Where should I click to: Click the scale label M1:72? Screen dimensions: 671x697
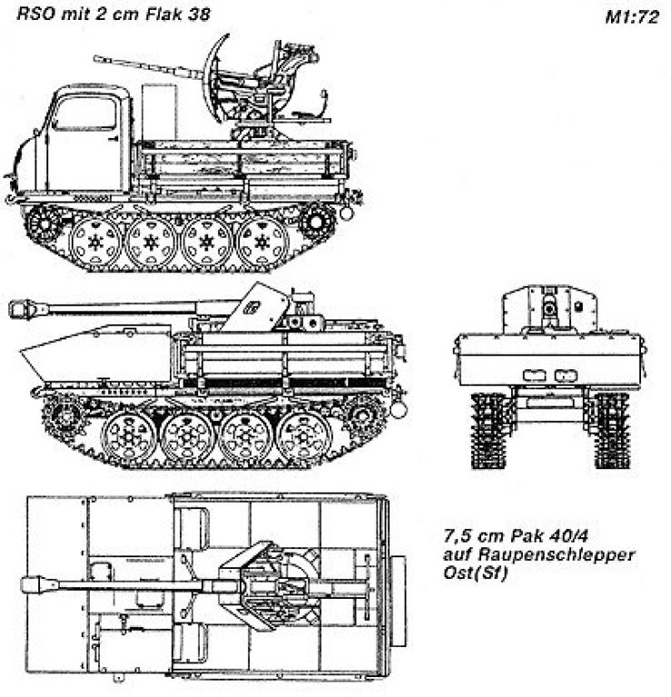[x=632, y=17]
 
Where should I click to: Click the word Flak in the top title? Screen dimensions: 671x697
[x=162, y=14]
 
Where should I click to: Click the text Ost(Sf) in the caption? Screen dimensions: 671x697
[x=475, y=573]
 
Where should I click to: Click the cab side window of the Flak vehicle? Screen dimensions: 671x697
[x=85, y=113]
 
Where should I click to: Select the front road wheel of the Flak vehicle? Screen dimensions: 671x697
[x=95, y=242]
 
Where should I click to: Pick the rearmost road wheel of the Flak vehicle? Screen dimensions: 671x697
[x=261, y=242]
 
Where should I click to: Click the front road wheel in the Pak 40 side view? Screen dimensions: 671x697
[x=128, y=437]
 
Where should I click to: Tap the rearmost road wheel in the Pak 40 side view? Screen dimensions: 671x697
[x=304, y=437]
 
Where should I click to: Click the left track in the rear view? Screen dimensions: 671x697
[x=489, y=430]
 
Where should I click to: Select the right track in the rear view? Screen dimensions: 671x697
[x=612, y=430]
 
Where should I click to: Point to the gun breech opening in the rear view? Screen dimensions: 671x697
[x=550, y=308]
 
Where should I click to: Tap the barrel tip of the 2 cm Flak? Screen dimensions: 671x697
[x=95, y=58]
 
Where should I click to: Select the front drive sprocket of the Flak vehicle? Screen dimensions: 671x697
[x=44, y=222]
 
